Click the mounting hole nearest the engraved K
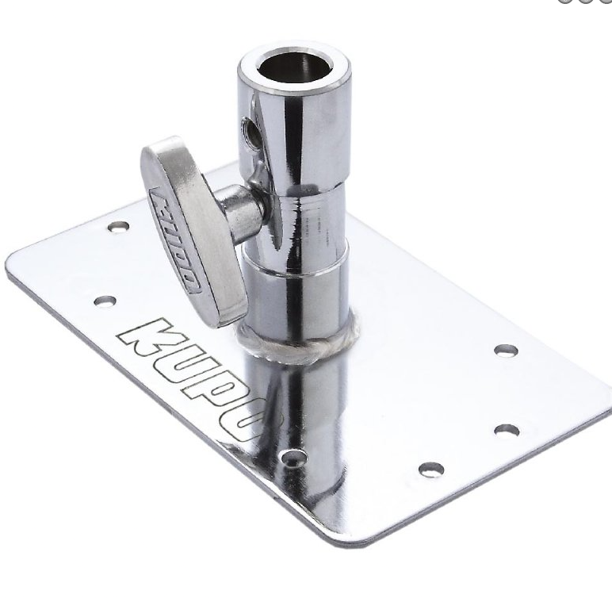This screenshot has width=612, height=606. pos(105,301)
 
